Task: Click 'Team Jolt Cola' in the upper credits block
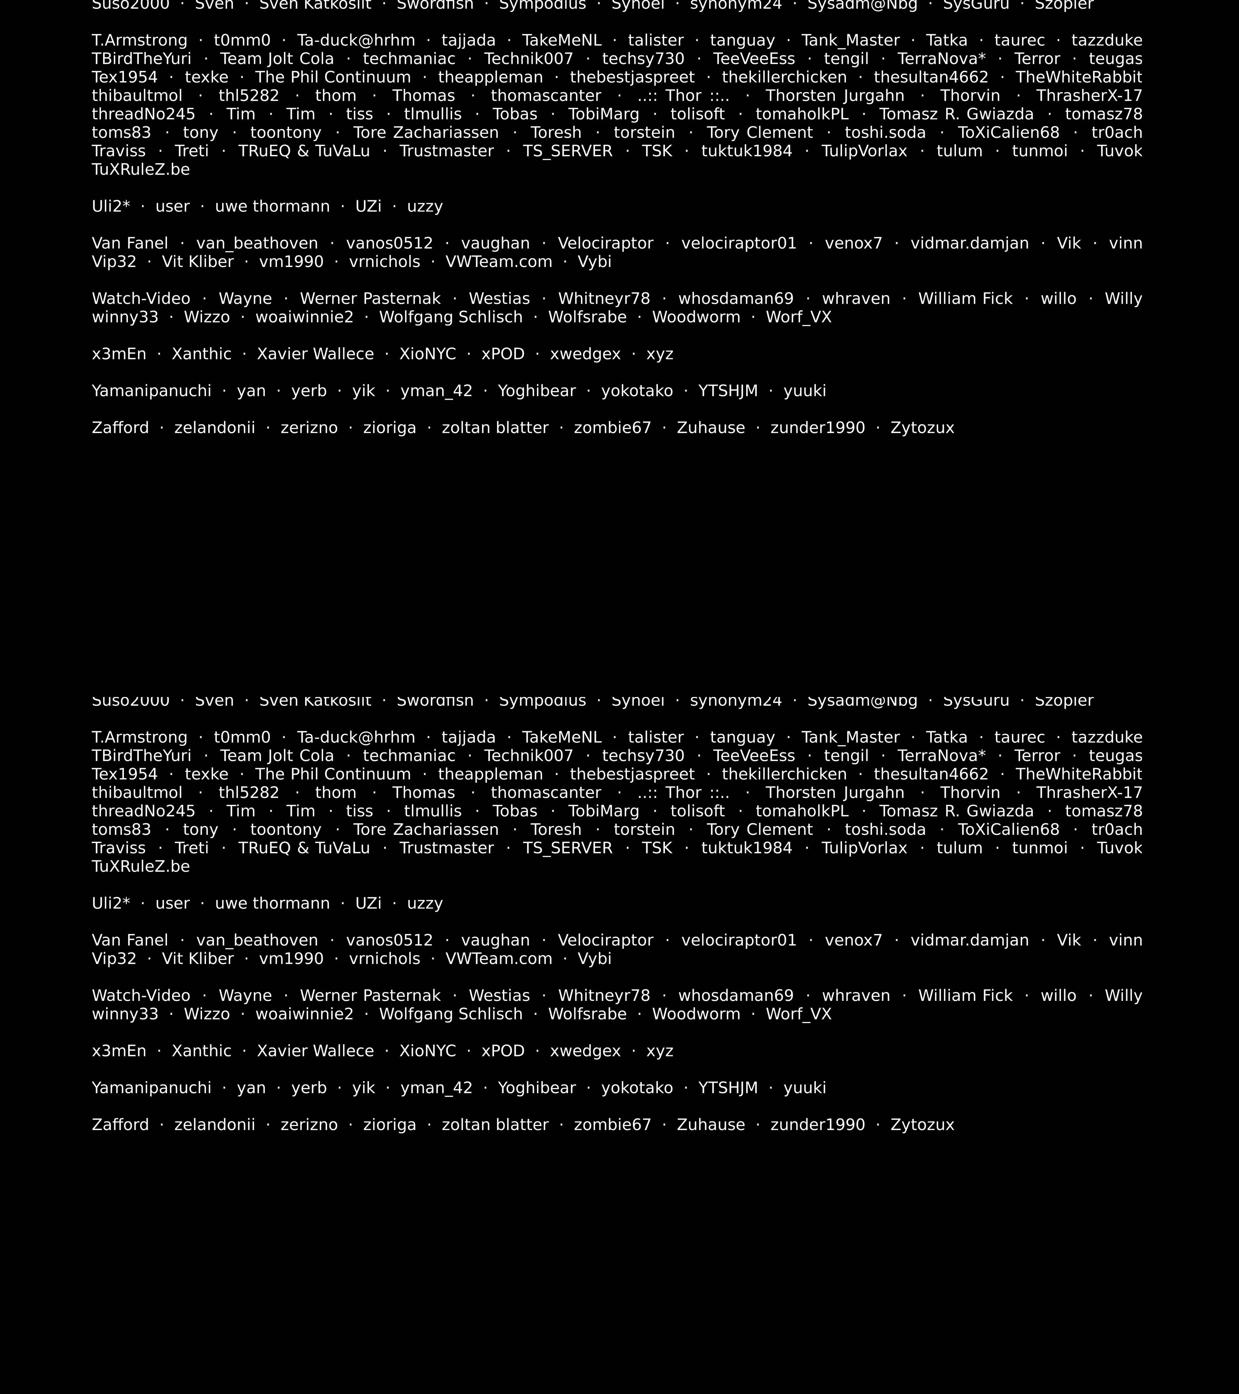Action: pyautogui.click(x=277, y=59)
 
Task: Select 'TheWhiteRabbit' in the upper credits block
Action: pyautogui.click(x=1079, y=78)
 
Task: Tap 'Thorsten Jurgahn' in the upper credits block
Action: pyautogui.click(x=835, y=96)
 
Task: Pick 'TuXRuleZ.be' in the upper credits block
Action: pyautogui.click(x=140, y=170)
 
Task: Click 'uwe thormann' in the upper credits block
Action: pyautogui.click(x=272, y=207)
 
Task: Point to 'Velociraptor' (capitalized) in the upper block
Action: pyautogui.click(x=605, y=243)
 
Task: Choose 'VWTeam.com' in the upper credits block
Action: pyautogui.click(x=498, y=262)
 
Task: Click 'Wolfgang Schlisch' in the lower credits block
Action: pyautogui.click(x=451, y=1014)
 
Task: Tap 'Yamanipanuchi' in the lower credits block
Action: pyautogui.click(x=151, y=1088)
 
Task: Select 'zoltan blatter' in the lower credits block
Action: pyautogui.click(x=495, y=1124)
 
